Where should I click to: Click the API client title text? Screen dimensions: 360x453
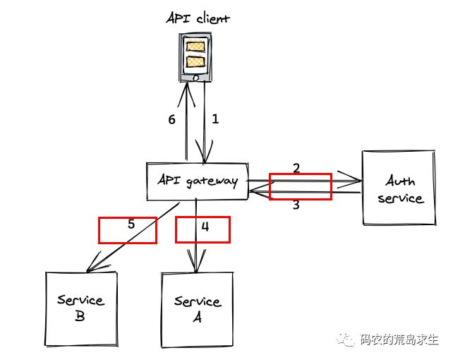point(198,18)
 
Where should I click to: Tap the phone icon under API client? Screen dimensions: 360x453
point(195,59)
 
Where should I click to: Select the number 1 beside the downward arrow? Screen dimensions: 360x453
point(215,119)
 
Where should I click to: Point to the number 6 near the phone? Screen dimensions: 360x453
point(171,120)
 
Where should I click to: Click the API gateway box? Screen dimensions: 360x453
point(197,181)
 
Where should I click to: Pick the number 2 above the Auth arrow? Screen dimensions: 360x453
point(296,168)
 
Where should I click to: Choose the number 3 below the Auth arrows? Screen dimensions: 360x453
point(296,205)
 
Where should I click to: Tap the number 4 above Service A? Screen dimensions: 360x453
point(205,227)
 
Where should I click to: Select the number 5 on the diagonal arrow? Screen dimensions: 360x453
point(131,224)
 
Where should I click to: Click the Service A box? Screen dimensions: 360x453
point(197,309)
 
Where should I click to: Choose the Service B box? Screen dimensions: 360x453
point(80,308)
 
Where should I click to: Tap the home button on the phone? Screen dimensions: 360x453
point(195,78)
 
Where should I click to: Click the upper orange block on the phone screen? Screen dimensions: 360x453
point(195,47)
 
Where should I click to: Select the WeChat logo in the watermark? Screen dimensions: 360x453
point(347,340)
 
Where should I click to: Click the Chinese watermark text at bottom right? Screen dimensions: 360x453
point(399,340)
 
